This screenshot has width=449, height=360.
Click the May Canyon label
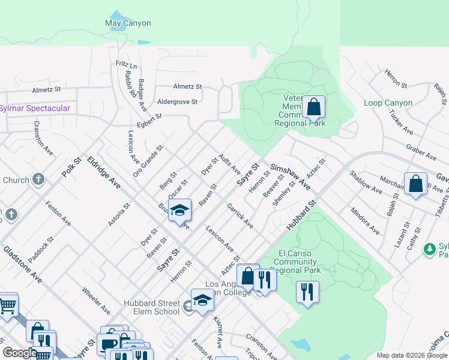[128, 23]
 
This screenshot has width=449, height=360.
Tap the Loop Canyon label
[388, 103]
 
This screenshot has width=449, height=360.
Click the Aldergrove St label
[177, 102]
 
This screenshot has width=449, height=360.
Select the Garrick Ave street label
[240, 216]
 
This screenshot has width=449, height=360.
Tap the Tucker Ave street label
[401, 122]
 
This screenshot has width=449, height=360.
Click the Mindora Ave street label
[365, 221]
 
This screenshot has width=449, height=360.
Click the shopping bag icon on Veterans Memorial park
[313, 107]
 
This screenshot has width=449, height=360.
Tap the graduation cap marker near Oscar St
[179, 211]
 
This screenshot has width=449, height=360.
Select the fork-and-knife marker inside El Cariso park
[307, 292]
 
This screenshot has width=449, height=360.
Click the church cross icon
[38, 179]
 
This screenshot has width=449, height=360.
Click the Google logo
[20, 352]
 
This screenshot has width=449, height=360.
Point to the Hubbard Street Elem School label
[152, 307]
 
